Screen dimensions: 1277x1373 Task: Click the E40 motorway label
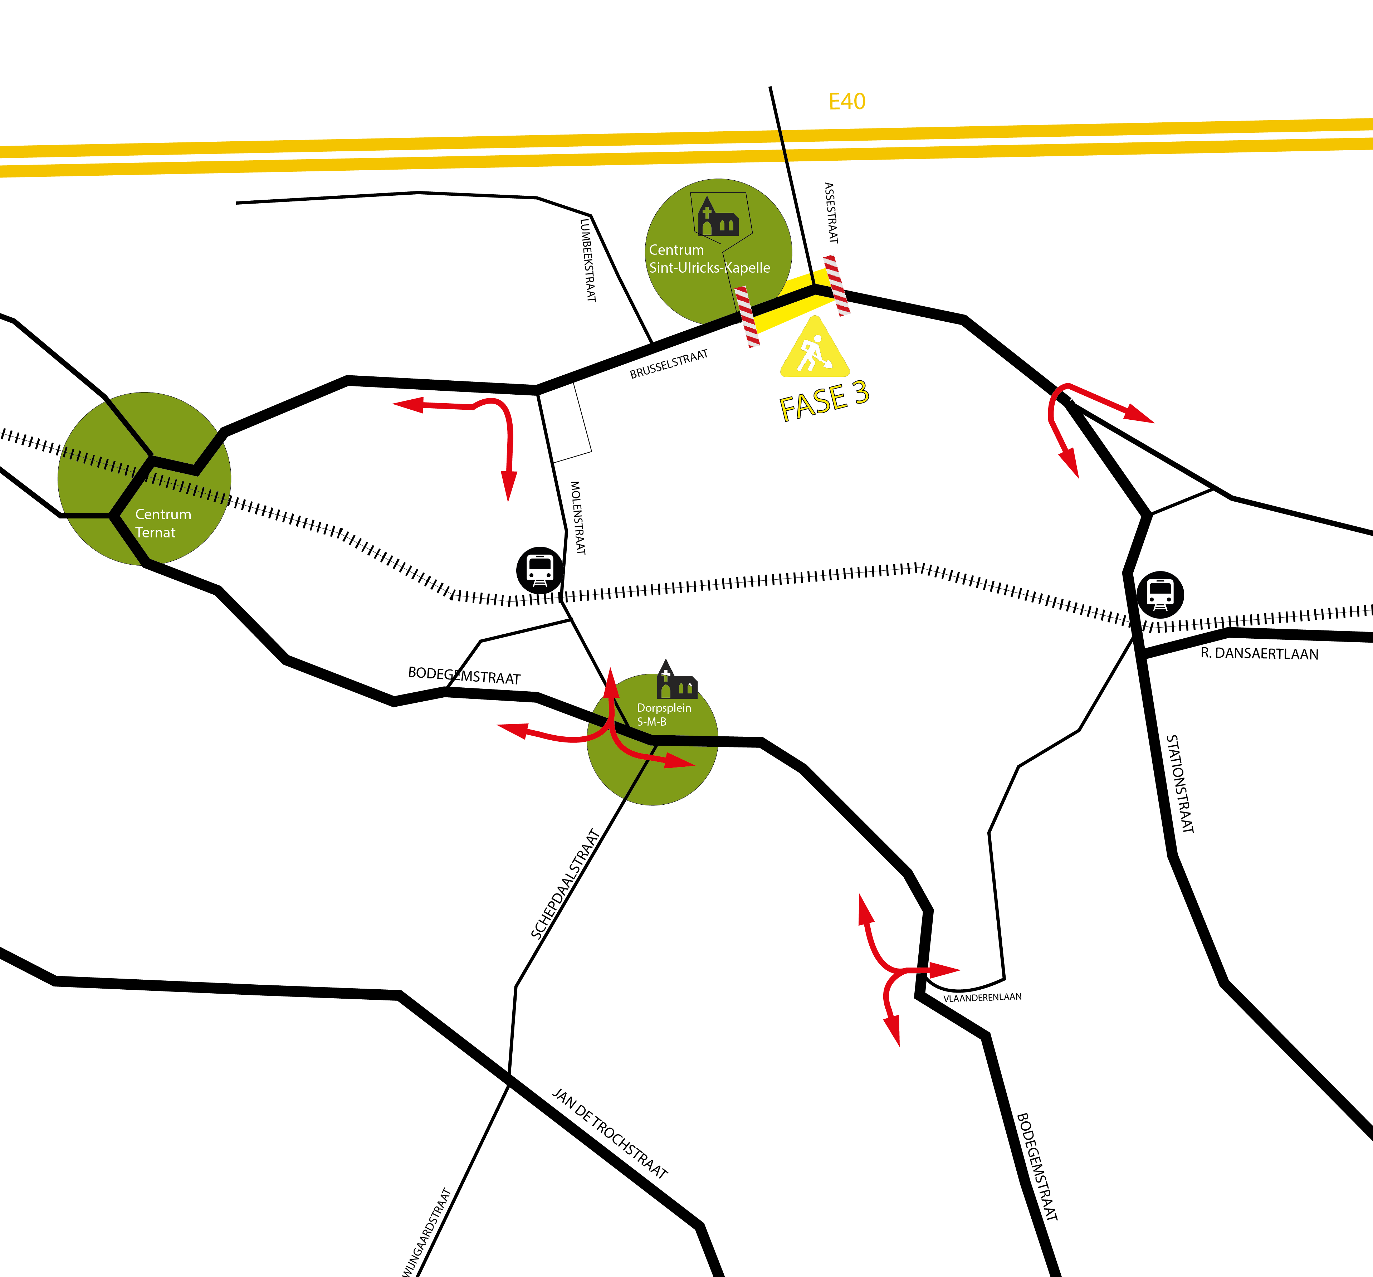click(847, 102)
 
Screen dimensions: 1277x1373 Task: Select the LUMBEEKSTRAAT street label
click(588, 260)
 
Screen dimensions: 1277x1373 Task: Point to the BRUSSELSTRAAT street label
click(669, 364)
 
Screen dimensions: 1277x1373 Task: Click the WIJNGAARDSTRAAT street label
click(426, 1233)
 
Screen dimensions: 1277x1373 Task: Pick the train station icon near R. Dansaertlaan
click(1160, 594)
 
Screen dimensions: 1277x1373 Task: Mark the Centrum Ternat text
click(162, 523)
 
